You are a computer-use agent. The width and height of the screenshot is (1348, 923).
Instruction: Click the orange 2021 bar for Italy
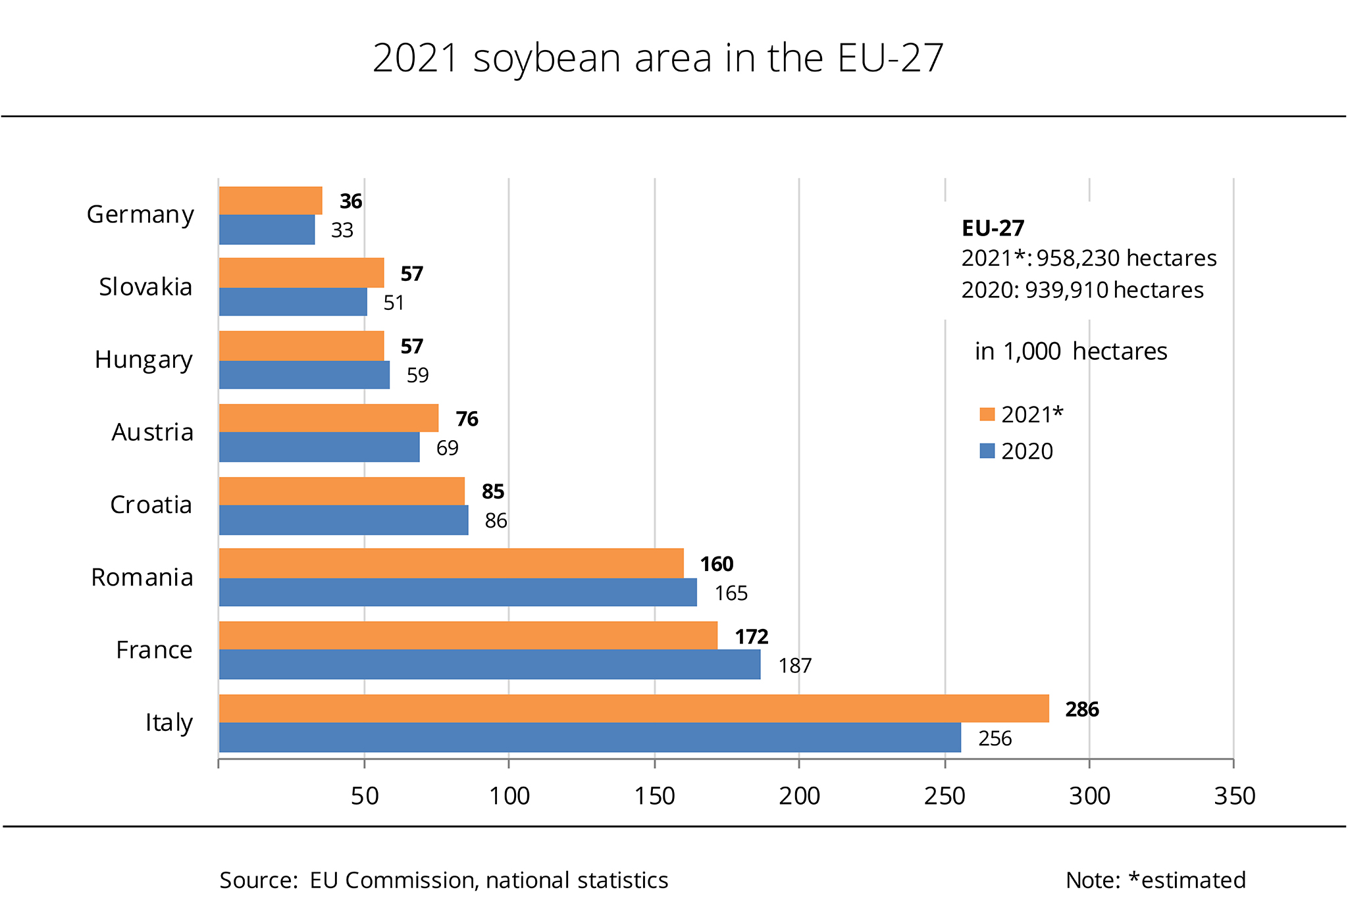click(633, 709)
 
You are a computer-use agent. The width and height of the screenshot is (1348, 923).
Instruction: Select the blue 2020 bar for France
click(490, 664)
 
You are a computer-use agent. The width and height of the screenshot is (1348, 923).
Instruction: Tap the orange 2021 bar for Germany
click(271, 201)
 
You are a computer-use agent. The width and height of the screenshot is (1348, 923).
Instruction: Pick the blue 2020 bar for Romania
click(457, 592)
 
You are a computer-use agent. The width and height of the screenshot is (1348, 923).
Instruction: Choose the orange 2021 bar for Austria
click(328, 418)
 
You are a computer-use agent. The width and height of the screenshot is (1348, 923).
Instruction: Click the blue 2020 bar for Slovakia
click(293, 302)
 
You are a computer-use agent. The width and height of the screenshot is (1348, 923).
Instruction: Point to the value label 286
click(1082, 709)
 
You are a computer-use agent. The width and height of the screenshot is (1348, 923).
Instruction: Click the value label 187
click(794, 666)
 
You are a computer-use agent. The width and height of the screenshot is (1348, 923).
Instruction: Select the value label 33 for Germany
click(342, 230)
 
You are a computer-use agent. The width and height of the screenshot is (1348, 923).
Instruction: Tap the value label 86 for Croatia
click(496, 521)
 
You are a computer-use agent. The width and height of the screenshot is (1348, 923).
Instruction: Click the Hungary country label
click(143, 360)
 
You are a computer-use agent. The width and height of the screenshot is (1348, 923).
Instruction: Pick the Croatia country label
click(151, 505)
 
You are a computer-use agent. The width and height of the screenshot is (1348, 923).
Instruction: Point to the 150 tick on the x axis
click(654, 796)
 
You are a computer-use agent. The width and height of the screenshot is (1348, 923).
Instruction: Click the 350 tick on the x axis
click(1234, 796)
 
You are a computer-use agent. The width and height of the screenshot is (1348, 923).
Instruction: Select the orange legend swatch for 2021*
click(987, 414)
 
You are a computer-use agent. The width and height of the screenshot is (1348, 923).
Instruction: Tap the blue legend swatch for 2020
click(987, 451)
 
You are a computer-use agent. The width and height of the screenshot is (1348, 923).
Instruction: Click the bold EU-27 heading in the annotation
click(993, 228)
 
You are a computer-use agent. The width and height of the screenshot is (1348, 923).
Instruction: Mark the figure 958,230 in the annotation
click(1079, 258)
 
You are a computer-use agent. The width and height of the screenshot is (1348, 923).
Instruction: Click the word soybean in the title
click(547, 58)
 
